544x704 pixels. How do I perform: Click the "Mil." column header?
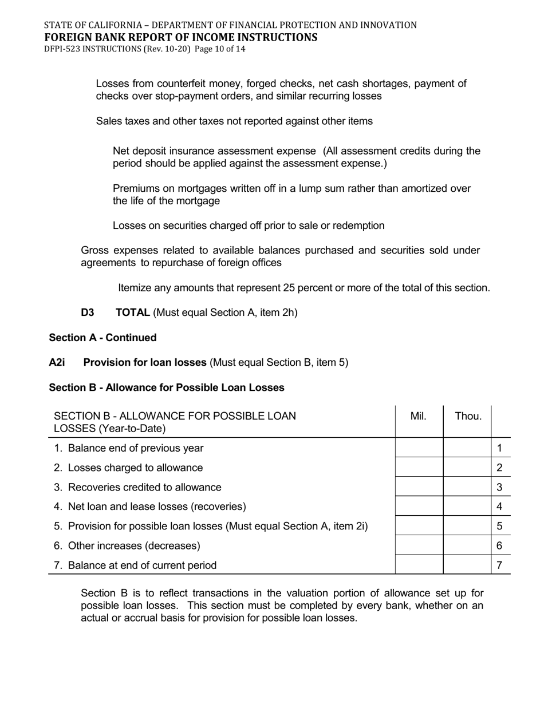point(419,417)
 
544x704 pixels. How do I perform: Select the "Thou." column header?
point(468,417)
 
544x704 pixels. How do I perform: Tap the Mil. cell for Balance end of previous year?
point(419,448)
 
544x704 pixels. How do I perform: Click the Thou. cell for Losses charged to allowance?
point(467,467)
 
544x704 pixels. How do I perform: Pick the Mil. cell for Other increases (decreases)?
point(419,545)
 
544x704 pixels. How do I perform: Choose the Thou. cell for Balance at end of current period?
point(467,564)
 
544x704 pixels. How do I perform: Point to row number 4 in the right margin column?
point(500,506)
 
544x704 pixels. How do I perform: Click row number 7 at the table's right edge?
point(500,565)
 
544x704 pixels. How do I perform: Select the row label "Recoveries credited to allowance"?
point(144,487)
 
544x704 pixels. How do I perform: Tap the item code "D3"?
point(88,313)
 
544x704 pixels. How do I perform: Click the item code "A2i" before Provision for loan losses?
point(57,362)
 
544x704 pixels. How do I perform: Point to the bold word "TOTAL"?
point(133,313)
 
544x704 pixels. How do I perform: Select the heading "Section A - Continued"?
point(103,338)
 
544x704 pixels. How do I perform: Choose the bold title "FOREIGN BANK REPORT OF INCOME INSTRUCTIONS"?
point(180,38)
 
